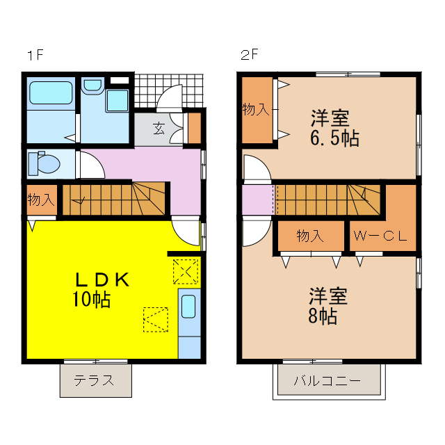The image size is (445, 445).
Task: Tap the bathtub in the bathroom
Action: point(50,93)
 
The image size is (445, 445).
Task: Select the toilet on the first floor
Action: point(42,164)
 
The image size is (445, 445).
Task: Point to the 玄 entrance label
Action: point(159,128)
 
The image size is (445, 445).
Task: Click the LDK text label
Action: point(102,280)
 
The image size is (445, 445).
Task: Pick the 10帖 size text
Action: point(91,300)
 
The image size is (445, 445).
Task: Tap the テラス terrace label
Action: point(95,380)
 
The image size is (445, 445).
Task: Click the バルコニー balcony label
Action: point(326,381)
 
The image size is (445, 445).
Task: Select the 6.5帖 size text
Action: point(334,138)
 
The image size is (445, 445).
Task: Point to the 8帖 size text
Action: point(323,316)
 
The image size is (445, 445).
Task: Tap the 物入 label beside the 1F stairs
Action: point(40,200)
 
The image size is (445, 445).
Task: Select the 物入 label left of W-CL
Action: point(310,236)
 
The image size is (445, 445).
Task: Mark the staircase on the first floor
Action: point(115,199)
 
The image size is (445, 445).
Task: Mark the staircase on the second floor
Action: point(327,200)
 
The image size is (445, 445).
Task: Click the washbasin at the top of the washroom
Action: point(92,86)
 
